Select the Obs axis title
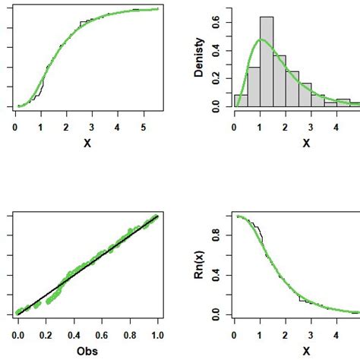tap(87, 351)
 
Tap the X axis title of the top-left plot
tap(87, 143)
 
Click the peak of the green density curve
tap(261, 39)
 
